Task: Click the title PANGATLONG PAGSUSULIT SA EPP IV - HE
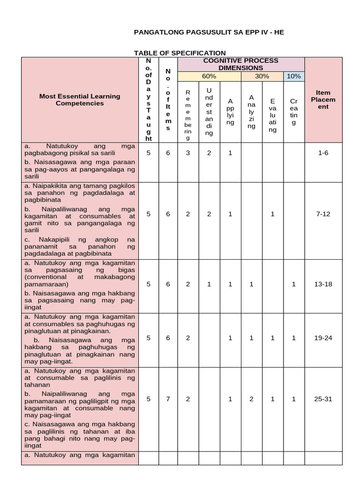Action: click(209, 32)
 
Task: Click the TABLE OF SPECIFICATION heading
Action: click(180, 53)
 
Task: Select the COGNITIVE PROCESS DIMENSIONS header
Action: click(240, 64)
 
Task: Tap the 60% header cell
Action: click(209, 76)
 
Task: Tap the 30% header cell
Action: click(262, 76)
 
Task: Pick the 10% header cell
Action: click(294, 76)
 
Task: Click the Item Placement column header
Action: click(323, 99)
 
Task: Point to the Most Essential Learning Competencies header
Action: click(80, 99)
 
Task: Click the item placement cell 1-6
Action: click(323, 153)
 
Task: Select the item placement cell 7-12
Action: click(323, 214)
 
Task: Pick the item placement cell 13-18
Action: click(323, 284)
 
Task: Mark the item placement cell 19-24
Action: click(323, 338)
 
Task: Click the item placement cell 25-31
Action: click(323, 399)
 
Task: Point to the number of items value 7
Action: click(168, 399)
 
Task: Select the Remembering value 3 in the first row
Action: click(188, 153)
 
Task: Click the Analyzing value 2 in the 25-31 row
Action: click(252, 399)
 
